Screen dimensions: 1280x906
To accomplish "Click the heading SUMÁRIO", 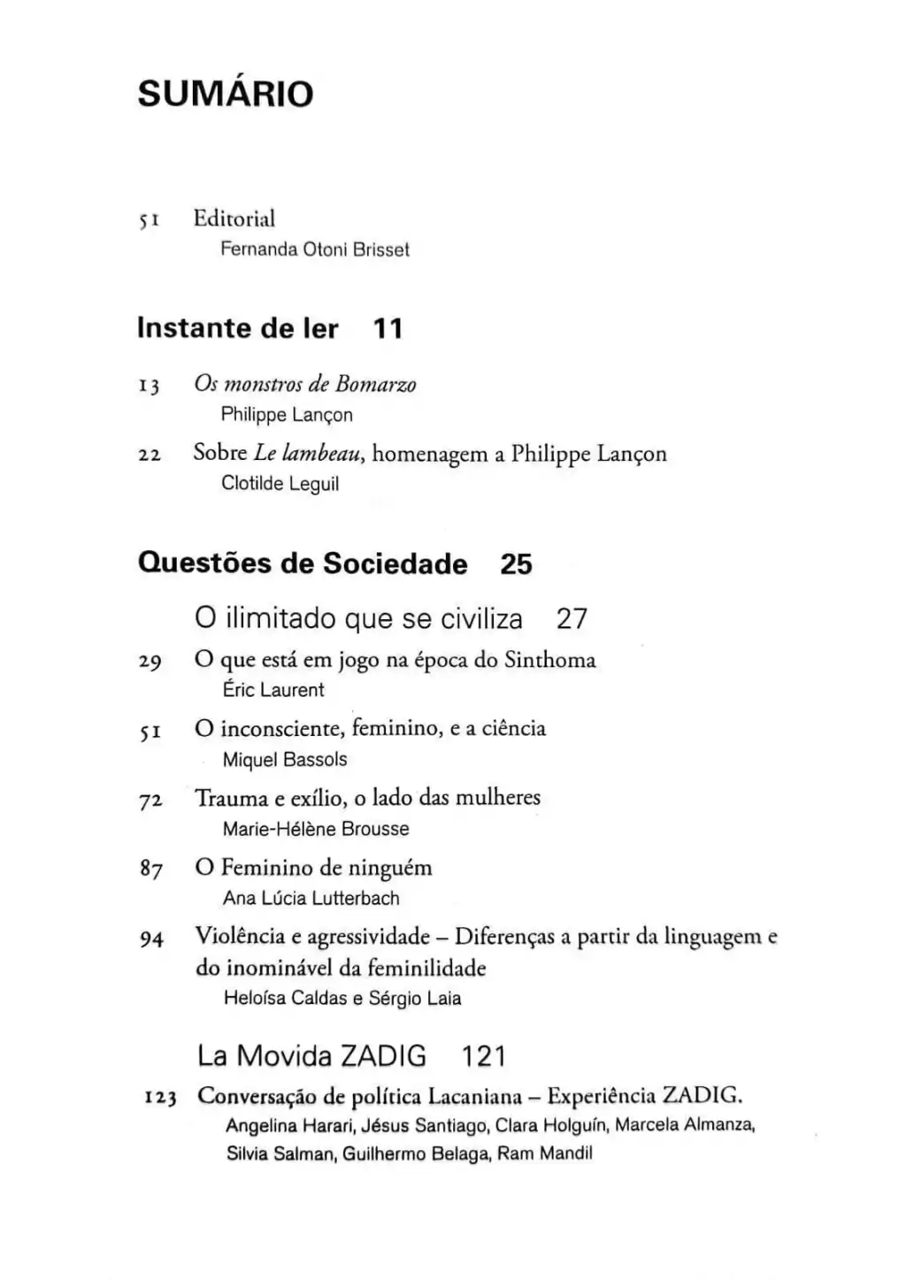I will click(226, 94).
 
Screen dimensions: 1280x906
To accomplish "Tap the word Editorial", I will click(234, 218).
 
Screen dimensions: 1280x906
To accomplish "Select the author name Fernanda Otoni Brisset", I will click(315, 250).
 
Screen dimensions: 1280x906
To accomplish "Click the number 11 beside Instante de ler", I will click(388, 329).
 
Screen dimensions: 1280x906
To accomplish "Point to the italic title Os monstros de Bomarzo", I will click(305, 385).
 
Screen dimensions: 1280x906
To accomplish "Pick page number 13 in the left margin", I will click(149, 387).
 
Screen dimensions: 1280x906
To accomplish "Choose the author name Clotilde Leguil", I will click(280, 484).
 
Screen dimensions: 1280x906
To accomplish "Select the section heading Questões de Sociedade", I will click(303, 564).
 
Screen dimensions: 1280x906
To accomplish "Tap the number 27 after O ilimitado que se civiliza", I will click(572, 618).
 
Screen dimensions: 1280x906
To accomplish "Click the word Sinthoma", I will click(550, 661).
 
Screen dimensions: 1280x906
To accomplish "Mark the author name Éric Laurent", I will click(273, 690).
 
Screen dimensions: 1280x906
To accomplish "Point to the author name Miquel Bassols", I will click(285, 760).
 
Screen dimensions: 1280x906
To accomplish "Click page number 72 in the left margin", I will click(150, 801).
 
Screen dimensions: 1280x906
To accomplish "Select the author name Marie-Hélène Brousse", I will click(316, 830).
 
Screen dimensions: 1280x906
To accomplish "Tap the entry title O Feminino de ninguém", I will click(314, 868).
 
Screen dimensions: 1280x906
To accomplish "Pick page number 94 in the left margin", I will click(151, 939).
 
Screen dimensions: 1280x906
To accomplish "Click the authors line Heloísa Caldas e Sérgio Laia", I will click(342, 999).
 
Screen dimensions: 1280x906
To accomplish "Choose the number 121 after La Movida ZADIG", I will click(483, 1056).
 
